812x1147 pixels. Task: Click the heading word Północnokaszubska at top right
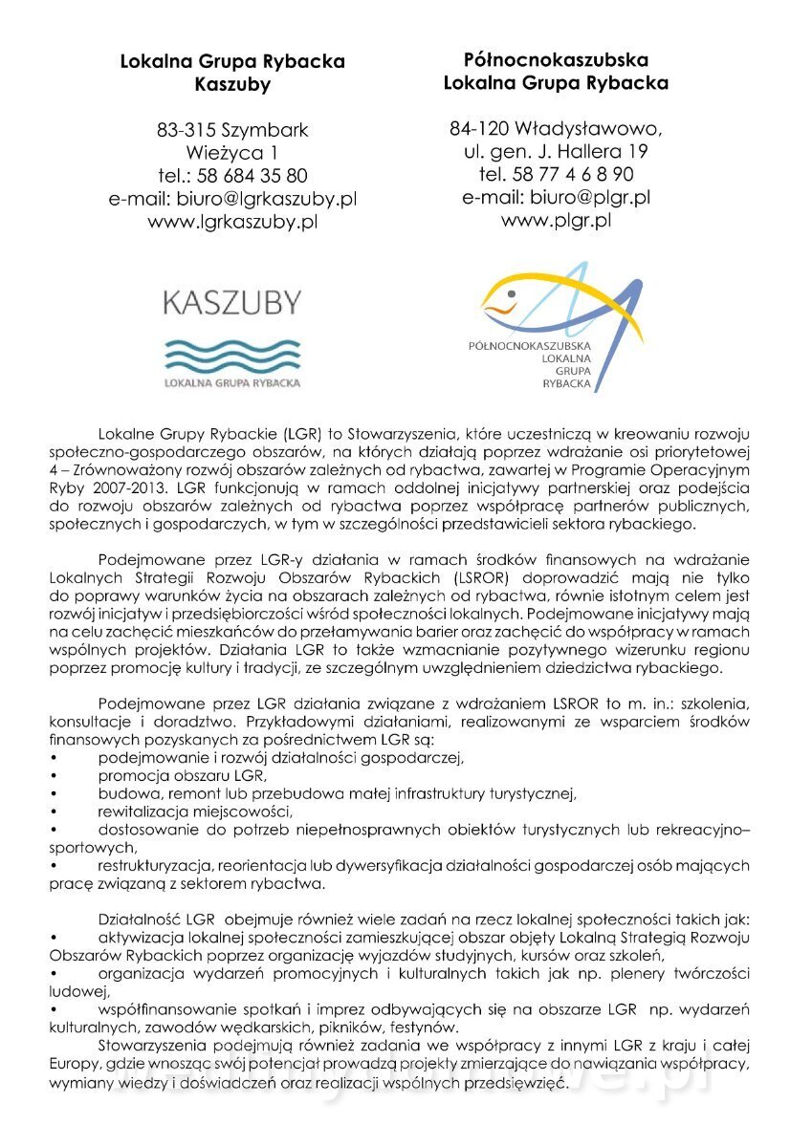tap(556, 59)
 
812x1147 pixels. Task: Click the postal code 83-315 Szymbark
tap(232, 129)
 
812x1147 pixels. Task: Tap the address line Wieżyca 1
tap(232, 152)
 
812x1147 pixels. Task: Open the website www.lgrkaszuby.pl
tap(232, 222)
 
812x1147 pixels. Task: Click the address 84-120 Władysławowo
tap(556, 128)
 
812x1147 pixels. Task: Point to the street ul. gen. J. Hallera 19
tap(556, 151)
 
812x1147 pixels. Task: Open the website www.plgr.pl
tap(556, 220)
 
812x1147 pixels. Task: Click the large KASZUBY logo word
tap(232, 304)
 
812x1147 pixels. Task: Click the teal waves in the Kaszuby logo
tap(232, 356)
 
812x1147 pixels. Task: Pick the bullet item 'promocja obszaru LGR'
tap(182, 776)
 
